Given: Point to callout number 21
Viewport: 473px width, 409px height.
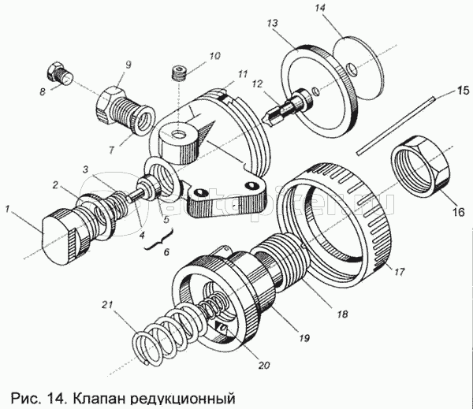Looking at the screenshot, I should (x=109, y=303).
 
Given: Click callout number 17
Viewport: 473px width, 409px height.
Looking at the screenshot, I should (x=400, y=272).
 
